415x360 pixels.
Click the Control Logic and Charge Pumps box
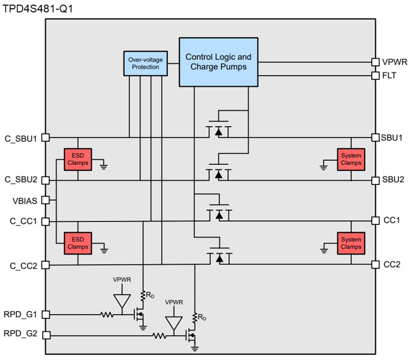218,62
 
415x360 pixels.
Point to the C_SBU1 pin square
46,137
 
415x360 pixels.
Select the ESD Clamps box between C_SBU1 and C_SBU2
78,159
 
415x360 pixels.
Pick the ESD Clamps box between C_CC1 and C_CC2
78,243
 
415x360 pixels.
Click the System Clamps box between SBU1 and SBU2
351,159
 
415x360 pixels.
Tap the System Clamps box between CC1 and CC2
351,243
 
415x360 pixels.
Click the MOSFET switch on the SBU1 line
219,130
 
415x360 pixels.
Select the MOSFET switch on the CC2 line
219,257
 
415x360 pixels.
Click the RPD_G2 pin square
46,335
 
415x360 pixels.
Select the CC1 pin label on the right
391,220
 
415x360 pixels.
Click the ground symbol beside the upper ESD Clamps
104,167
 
